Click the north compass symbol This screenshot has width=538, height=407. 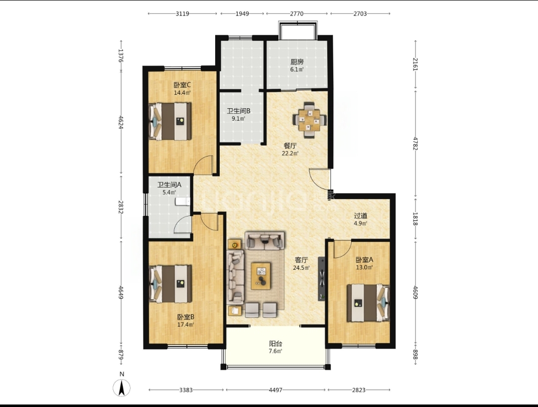click(122, 388)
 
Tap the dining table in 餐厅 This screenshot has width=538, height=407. click(309, 120)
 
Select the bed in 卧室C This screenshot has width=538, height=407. click(170, 122)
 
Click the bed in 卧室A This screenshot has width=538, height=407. click(368, 303)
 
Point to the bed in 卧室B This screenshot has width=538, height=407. click(170, 284)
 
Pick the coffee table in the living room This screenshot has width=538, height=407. click(261, 276)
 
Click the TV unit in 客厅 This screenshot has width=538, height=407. click(321, 278)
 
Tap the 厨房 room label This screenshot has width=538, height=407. click(297, 62)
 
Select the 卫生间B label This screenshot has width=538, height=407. click(239, 111)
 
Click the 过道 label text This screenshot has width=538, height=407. click(361, 215)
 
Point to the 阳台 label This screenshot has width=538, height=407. click(275, 344)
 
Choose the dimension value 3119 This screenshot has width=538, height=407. click(182, 14)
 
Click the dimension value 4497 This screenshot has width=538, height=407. click(275, 390)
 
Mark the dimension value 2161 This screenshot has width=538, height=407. click(415, 64)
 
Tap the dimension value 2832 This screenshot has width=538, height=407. click(121, 207)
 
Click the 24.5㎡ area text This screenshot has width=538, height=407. click(301, 267)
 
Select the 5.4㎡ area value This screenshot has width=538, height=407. click(169, 193)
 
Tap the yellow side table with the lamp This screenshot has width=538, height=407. click(235, 245)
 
